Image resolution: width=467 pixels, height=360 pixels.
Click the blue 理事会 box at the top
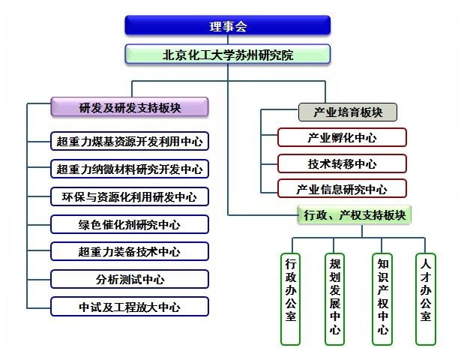[x=228, y=25]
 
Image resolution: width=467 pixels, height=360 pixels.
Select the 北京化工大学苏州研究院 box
[x=228, y=54]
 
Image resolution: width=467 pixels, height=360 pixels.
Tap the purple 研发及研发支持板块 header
[x=130, y=106]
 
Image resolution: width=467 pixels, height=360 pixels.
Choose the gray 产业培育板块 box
[x=348, y=112]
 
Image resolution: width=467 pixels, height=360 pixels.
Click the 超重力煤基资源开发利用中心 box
[x=130, y=141]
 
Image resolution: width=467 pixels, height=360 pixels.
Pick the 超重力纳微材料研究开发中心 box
[x=130, y=169]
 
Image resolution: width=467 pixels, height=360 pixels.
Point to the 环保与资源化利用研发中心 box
[x=130, y=196]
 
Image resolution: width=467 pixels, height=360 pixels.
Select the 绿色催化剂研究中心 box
[x=130, y=224]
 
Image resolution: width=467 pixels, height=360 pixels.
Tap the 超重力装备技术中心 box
[x=130, y=251]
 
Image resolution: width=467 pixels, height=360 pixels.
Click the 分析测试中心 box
[x=130, y=279]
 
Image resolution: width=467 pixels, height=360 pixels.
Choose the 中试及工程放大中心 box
[x=130, y=306]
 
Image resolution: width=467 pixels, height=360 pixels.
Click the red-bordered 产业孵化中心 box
[x=342, y=137]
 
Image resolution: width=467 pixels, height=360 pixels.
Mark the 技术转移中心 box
[x=342, y=163]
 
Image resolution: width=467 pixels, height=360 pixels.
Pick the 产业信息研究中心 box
[x=342, y=189]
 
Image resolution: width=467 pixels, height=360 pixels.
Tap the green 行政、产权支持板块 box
[x=355, y=214]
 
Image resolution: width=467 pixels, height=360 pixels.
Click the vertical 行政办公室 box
[x=290, y=299]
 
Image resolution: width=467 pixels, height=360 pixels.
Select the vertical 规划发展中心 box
[x=334, y=299]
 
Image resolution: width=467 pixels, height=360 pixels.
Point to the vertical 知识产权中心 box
[x=382, y=299]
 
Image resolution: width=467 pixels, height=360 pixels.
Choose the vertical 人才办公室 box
[x=426, y=299]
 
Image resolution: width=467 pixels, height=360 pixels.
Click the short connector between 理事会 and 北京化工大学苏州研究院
[x=228, y=40]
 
